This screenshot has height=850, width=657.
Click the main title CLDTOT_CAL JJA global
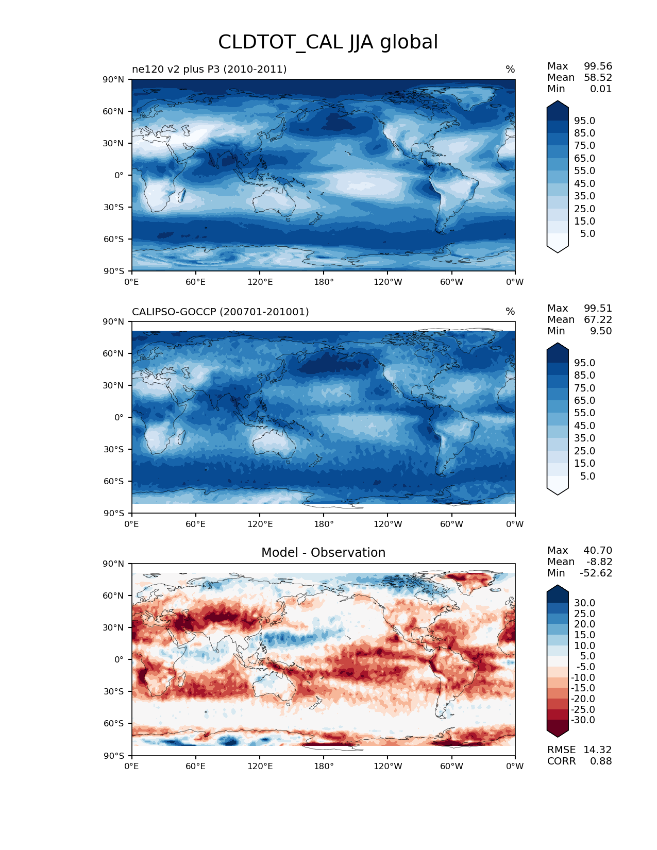click(x=328, y=42)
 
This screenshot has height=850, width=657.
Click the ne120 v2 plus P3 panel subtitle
click(x=209, y=69)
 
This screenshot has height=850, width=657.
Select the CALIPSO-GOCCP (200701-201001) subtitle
click(x=221, y=312)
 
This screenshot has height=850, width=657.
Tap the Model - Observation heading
click(x=323, y=553)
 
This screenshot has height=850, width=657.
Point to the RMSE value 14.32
click(x=597, y=750)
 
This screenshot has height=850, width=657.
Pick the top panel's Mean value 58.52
click(x=598, y=77)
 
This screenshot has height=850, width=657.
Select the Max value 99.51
click(x=598, y=308)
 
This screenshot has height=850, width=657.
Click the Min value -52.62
click(x=596, y=573)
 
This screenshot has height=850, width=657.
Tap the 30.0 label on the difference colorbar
click(x=584, y=603)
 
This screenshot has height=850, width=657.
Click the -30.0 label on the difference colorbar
click(x=583, y=720)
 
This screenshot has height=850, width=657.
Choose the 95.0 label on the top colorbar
click(x=584, y=121)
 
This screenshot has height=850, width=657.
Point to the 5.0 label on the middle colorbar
click(x=587, y=476)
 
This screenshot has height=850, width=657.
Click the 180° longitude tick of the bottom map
click(x=324, y=766)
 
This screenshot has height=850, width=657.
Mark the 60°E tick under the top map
click(x=196, y=282)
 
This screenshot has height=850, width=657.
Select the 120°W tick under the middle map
click(x=388, y=524)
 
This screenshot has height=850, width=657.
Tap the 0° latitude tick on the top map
click(x=119, y=175)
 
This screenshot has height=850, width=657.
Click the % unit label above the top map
click(x=510, y=69)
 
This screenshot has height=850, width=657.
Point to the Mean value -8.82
click(x=599, y=562)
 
